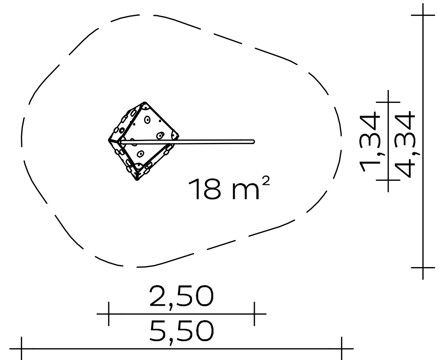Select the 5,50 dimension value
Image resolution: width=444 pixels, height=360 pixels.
click(x=182, y=332)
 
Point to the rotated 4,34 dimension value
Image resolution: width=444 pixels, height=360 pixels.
click(x=405, y=144)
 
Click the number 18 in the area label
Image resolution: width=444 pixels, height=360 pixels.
click(x=205, y=189)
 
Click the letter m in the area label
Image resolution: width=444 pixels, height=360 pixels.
click(x=246, y=192)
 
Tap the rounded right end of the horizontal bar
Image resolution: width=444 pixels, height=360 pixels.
click(x=254, y=141)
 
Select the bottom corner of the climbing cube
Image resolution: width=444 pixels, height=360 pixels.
click(x=137, y=179)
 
